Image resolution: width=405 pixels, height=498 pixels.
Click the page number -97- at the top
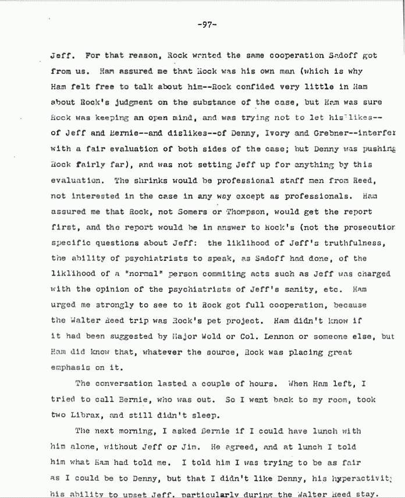207,24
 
